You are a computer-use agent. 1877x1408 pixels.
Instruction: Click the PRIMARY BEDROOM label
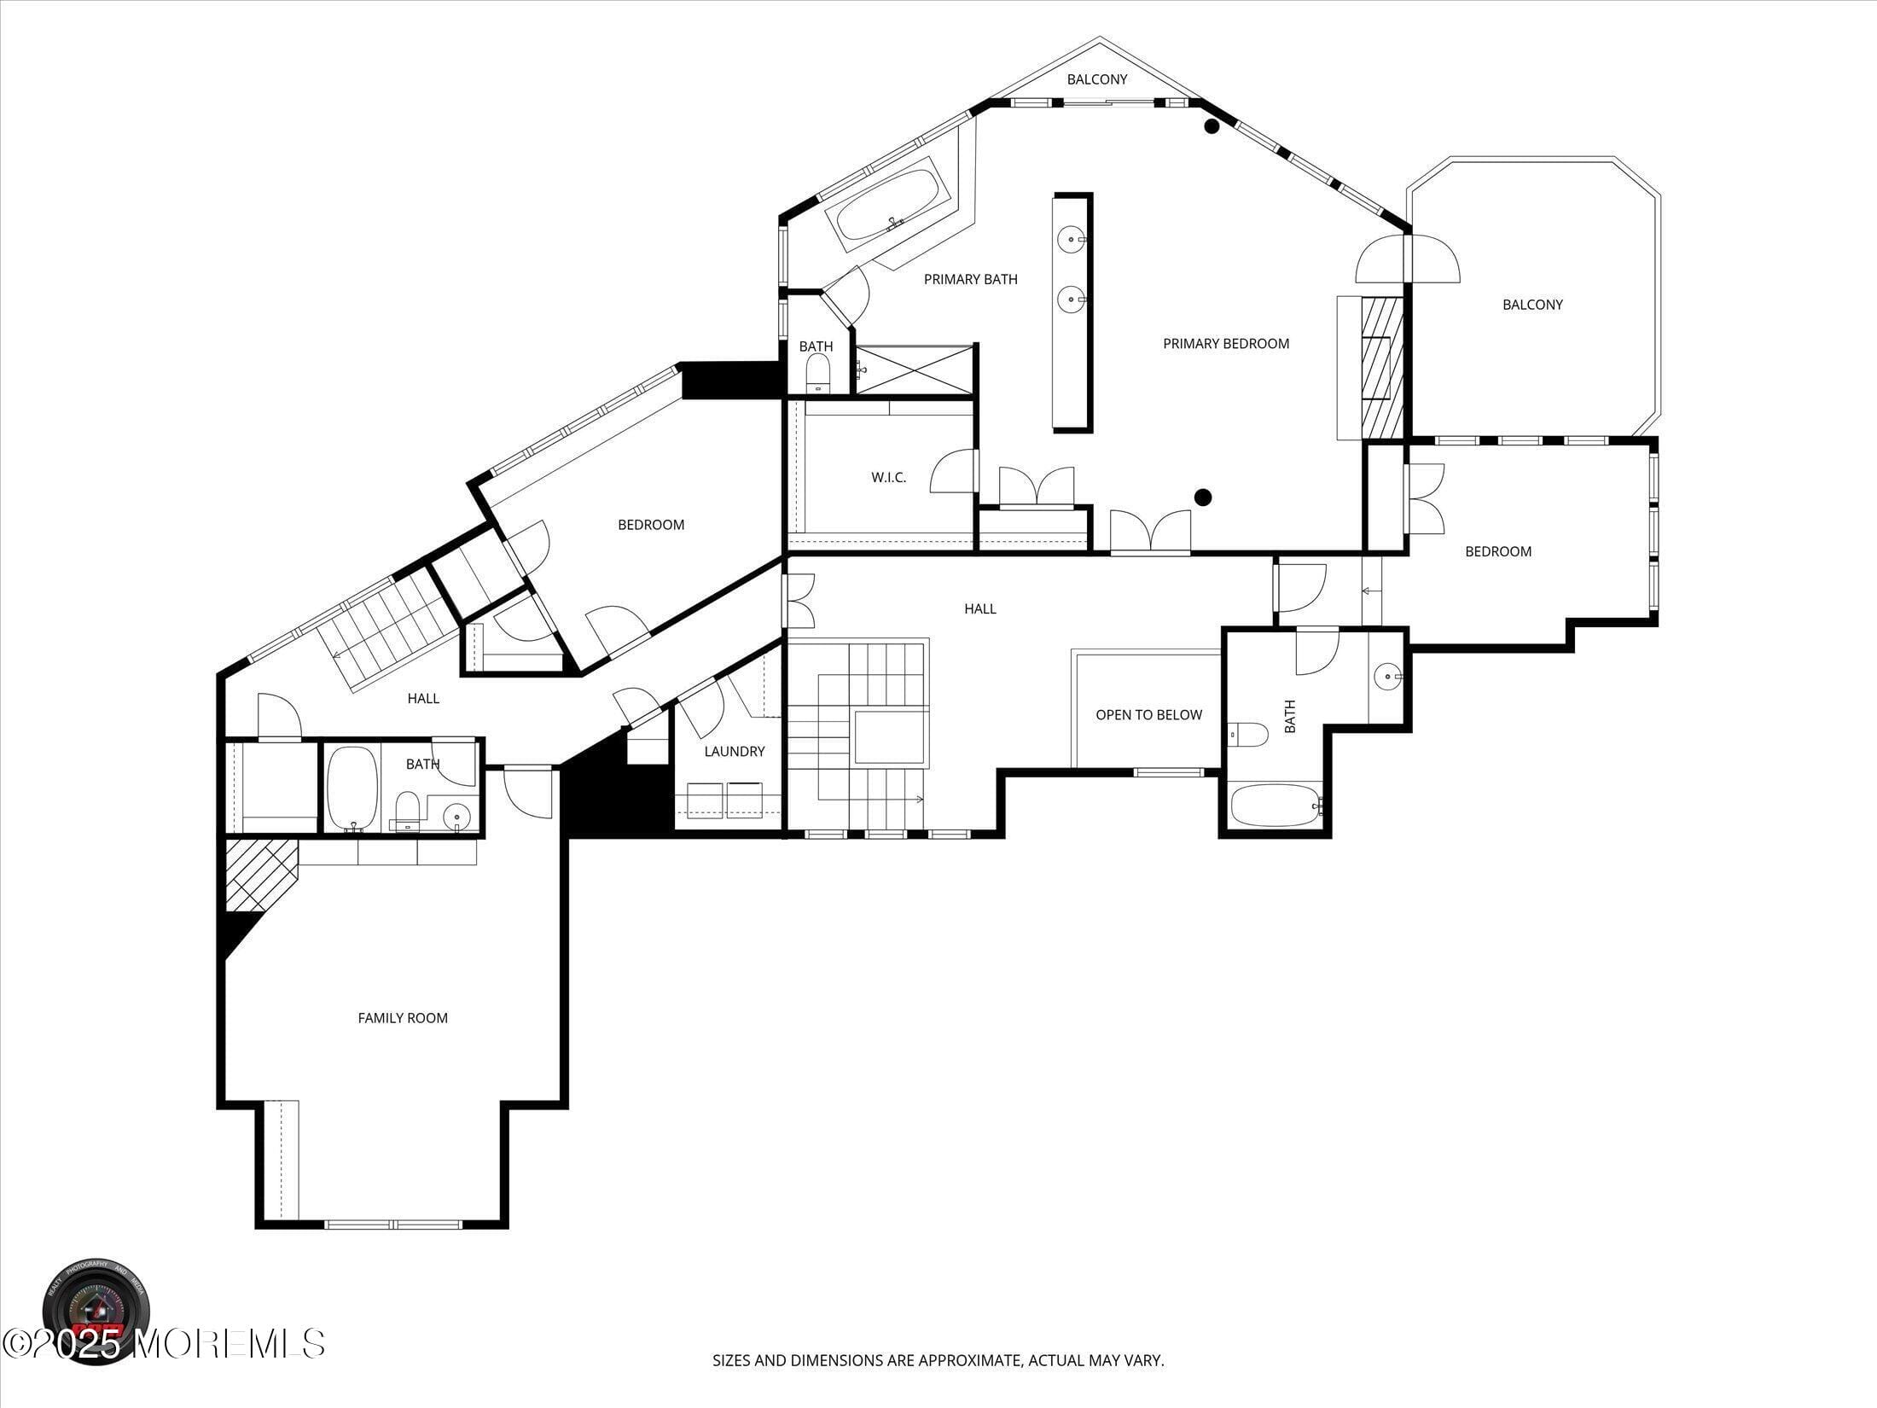[1225, 344]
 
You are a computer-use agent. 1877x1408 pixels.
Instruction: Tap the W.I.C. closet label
[888, 478]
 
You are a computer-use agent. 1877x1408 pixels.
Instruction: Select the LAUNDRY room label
[734, 752]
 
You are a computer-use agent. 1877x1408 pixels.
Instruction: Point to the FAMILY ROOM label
[403, 1018]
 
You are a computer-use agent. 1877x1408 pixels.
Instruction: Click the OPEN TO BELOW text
[1148, 715]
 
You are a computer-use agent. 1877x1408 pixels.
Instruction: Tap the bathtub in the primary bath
[887, 206]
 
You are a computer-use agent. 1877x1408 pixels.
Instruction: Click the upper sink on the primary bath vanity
[1071, 240]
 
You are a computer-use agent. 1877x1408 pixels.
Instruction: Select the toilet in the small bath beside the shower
[817, 373]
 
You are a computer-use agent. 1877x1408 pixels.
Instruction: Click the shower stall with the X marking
[915, 369]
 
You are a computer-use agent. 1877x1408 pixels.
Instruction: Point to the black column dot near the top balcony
[1211, 127]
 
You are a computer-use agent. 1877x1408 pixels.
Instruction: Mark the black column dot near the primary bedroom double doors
[1203, 497]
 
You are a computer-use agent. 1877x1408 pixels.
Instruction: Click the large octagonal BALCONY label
[1532, 305]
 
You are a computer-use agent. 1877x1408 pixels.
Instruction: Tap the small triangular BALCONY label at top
[1097, 79]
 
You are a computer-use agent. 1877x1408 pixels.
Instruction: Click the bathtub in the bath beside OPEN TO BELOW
[1275, 806]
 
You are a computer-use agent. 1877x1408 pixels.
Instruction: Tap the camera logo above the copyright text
[96, 1310]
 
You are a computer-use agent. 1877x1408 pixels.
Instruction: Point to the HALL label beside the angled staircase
[423, 699]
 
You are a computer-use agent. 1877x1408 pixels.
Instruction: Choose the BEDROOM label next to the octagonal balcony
[1497, 551]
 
